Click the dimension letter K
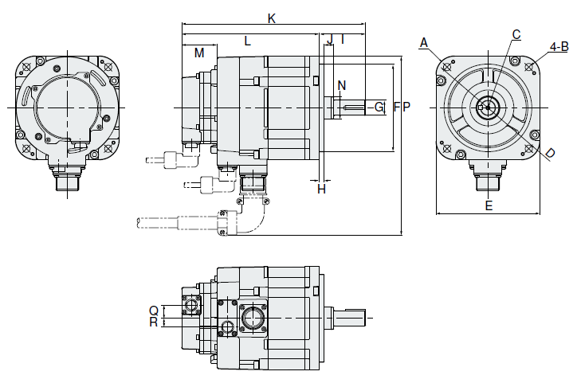[x=272, y=18]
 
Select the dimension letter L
[x=248, y=41]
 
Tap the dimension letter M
[x=199, y=53]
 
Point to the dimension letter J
[x=329, y=39]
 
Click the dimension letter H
[x=321, y=189]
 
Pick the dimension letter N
[x=342, y=85]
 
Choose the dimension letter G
[x=379, y=107]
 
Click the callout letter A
[x=424, y=41]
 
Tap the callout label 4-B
[x=559, y=46]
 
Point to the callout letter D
[x=550, y=153]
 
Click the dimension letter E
[x=489, y=205]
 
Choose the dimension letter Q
[x=153, y=310]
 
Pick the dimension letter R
[x=153, y=322]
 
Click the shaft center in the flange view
[x=487, y=107]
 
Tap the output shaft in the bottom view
[x=349, y=316]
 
